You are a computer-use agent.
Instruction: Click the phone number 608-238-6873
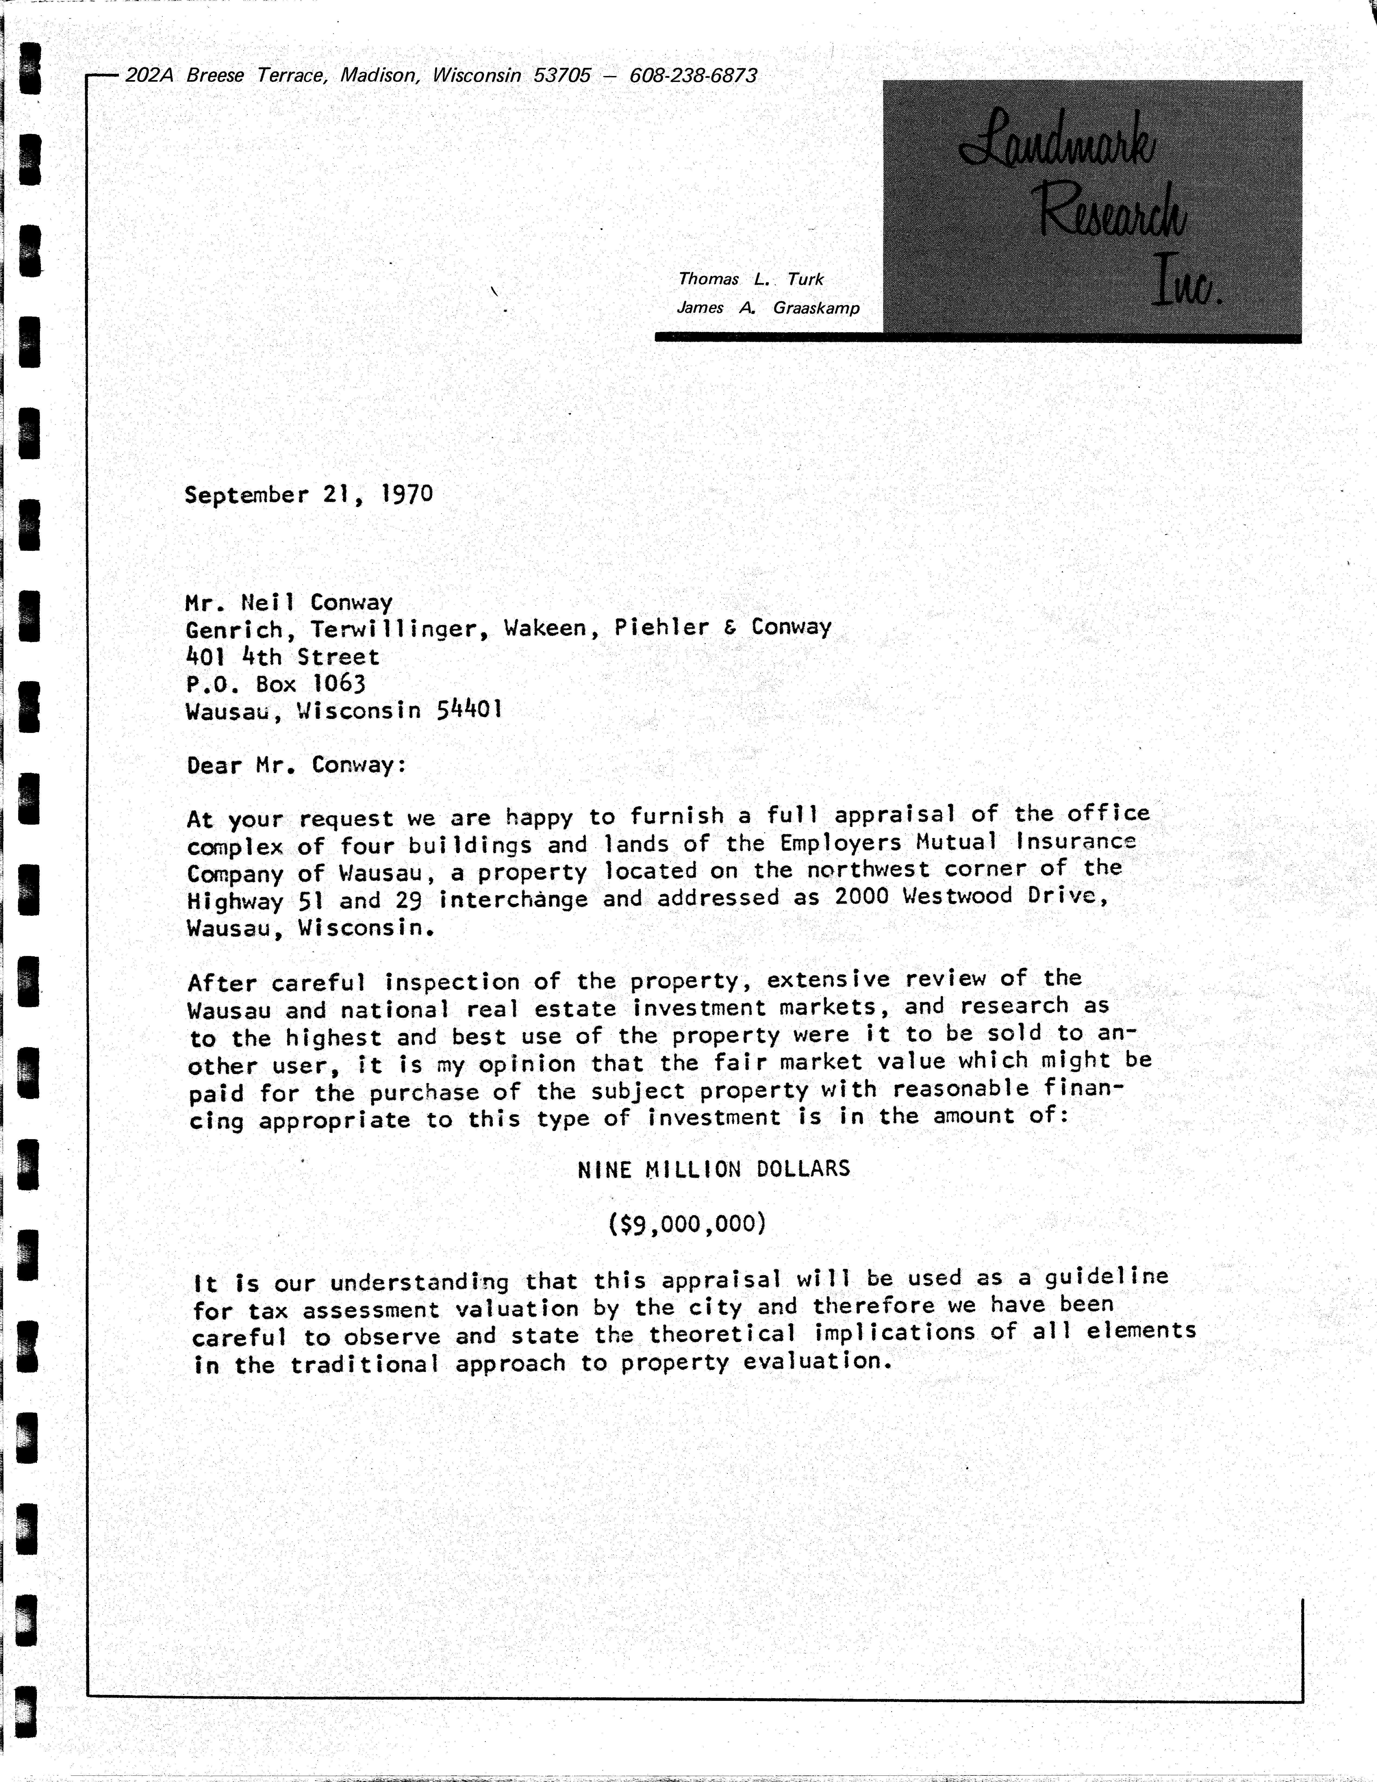[x=693, y=76]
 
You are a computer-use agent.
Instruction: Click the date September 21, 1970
[x=308, y=494]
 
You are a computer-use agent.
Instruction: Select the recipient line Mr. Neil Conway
[x=289, y=603]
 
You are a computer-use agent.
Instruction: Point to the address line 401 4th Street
[x=282, y=657]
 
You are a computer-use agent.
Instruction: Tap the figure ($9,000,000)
[x=687, y=1224]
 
